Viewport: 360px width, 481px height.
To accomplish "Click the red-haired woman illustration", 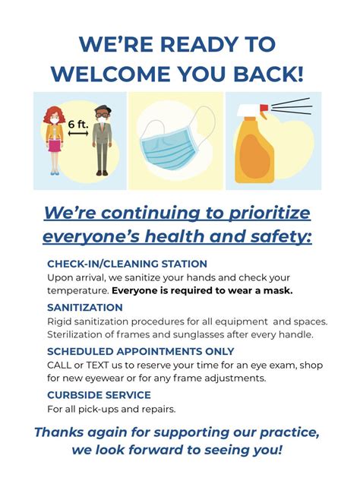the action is point(54,141).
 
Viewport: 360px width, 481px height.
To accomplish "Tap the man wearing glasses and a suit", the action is point(103,141).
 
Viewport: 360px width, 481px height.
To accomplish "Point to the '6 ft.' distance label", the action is point(78,124).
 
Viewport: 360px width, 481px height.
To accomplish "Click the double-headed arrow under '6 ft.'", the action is point(78,133).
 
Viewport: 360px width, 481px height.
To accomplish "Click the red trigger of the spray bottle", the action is point(264,111).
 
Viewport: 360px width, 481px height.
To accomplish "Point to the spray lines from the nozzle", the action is point(292,106).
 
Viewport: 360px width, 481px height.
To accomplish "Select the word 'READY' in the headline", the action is point(199,44).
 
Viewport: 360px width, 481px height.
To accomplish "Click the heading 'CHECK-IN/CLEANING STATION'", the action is point(128,264).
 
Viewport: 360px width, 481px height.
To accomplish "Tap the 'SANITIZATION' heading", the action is point(85,308).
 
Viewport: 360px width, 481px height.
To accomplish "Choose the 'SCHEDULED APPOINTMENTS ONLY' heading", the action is point(141,351).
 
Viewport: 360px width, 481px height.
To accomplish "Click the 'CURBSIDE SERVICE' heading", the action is point(99,395).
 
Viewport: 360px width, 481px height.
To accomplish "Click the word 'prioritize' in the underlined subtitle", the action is point(270,214).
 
